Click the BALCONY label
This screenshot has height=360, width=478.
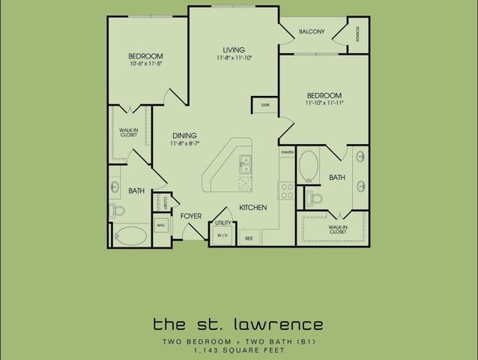tap(311, 31)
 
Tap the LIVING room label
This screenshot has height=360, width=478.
tap(234, 49)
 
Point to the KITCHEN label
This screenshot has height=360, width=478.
tap(252, 207)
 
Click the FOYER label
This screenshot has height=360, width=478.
tap(192, 215)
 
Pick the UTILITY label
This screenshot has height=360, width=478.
tap(223, 223)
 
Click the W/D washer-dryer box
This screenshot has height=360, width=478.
tap(223, 235)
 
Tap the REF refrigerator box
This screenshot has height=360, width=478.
tap(249, 238)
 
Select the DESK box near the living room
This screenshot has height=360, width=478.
tap(265, 106)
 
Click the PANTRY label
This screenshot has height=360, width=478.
tap(286, 151)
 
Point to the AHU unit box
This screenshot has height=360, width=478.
tap(160, 224)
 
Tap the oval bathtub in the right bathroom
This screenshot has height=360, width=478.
tap(308, 165)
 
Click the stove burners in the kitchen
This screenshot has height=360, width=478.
tap(286, 190)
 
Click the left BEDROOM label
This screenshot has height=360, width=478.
tap(145, 56)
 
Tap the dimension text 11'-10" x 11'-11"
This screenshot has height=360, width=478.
tap(324, 103)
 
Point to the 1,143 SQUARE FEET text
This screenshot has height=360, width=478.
tap(238, 349)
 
